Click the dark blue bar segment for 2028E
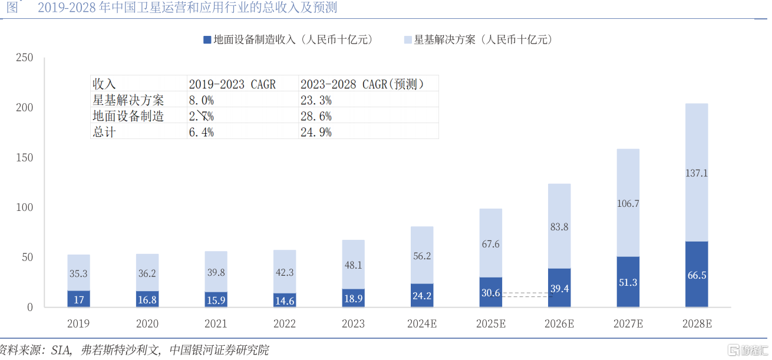(x=697, y=274)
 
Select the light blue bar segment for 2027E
(x=628, y=203)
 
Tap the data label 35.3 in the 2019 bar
(x=78, y=274)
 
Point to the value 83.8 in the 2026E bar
(x=559, y=227)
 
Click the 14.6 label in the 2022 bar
(x=284, y=300)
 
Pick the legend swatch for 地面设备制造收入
(x=207, y=40)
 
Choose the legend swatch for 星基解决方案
(x=407, y=40)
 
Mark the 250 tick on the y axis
(x=25, y=58)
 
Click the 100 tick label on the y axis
(x=25, y=207)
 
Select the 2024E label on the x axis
(x=421, y=323)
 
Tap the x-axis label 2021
(x=216, y=323)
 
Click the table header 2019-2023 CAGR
(x=232, y=84)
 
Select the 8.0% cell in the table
(x=201, y=100)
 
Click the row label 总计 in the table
(x=104, y=132)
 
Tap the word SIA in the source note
(x=60, y=349)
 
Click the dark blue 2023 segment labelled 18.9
(x=353, y=298)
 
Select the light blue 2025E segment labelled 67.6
(x=490, y=243)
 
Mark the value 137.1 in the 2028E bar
(x=697, y=173)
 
